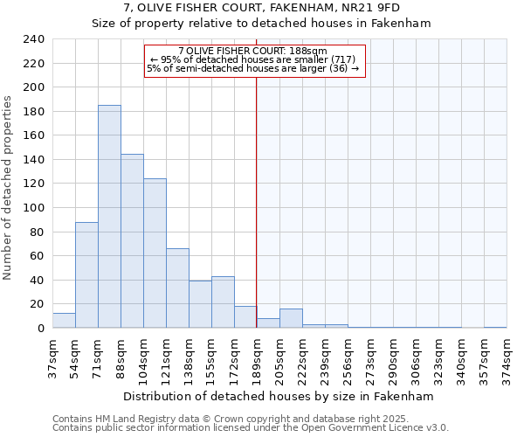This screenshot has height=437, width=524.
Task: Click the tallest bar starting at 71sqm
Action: [x=109, y=217]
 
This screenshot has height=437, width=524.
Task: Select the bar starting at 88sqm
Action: [x=132, y=241]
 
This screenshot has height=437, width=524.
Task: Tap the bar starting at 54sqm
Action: [x=86, y=275]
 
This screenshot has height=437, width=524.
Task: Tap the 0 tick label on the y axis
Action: [x=40, y=329]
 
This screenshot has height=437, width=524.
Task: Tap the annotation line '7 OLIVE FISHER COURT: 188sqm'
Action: [x=252, y=51]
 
